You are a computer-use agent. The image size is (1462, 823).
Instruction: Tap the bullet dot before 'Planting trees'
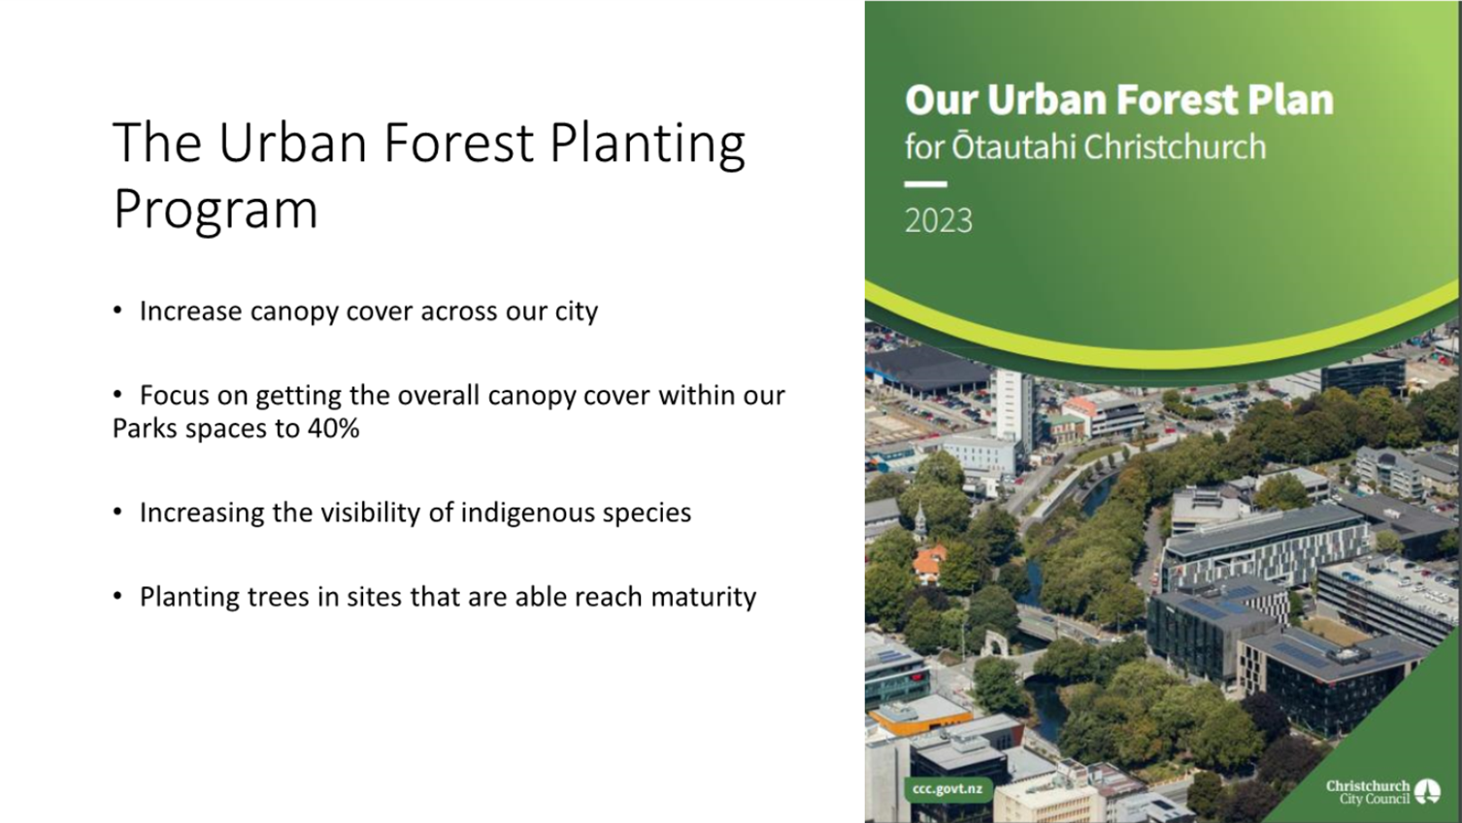click(x=117, y=596)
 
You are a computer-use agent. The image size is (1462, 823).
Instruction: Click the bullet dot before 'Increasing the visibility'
click(x=117, y=511)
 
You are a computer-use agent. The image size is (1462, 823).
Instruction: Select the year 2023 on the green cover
click(x=938, y=220)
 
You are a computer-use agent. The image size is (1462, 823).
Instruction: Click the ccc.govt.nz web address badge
click(x=947, y=789)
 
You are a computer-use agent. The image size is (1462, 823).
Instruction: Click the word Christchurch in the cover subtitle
click(x=1175, y=147)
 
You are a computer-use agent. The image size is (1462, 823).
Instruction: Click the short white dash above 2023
click(x=925, y=184)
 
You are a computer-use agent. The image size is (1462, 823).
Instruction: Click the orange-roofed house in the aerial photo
click(x=929, y=563)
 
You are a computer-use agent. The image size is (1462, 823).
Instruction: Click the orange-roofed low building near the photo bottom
click(x=920, y=715)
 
